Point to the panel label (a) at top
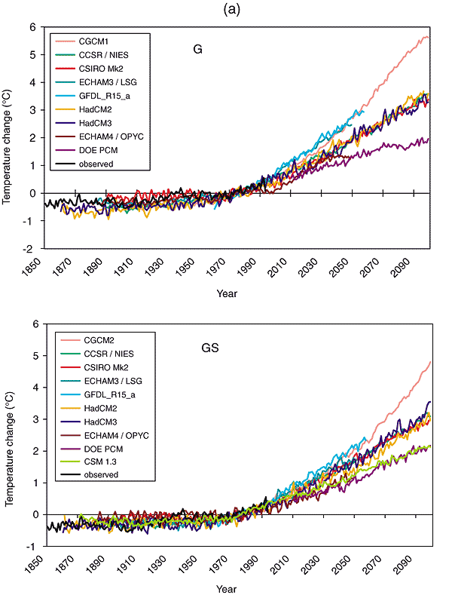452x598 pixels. (x=225, y=10)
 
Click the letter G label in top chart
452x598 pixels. (x=197, y=51)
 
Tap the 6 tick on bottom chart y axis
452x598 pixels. (x=35, y=324)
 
